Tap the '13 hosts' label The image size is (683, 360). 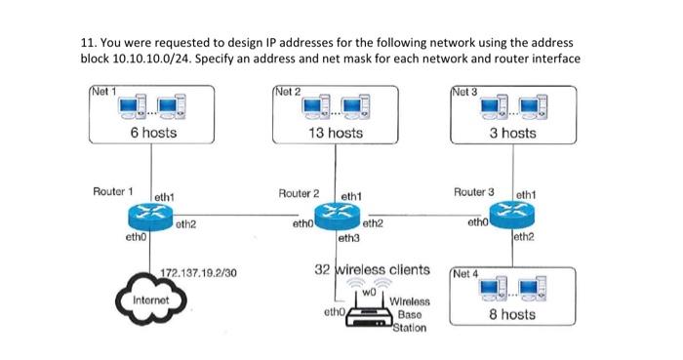(335, 133)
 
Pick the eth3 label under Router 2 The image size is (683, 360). (348, 237)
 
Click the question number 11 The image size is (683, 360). (85, 44)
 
